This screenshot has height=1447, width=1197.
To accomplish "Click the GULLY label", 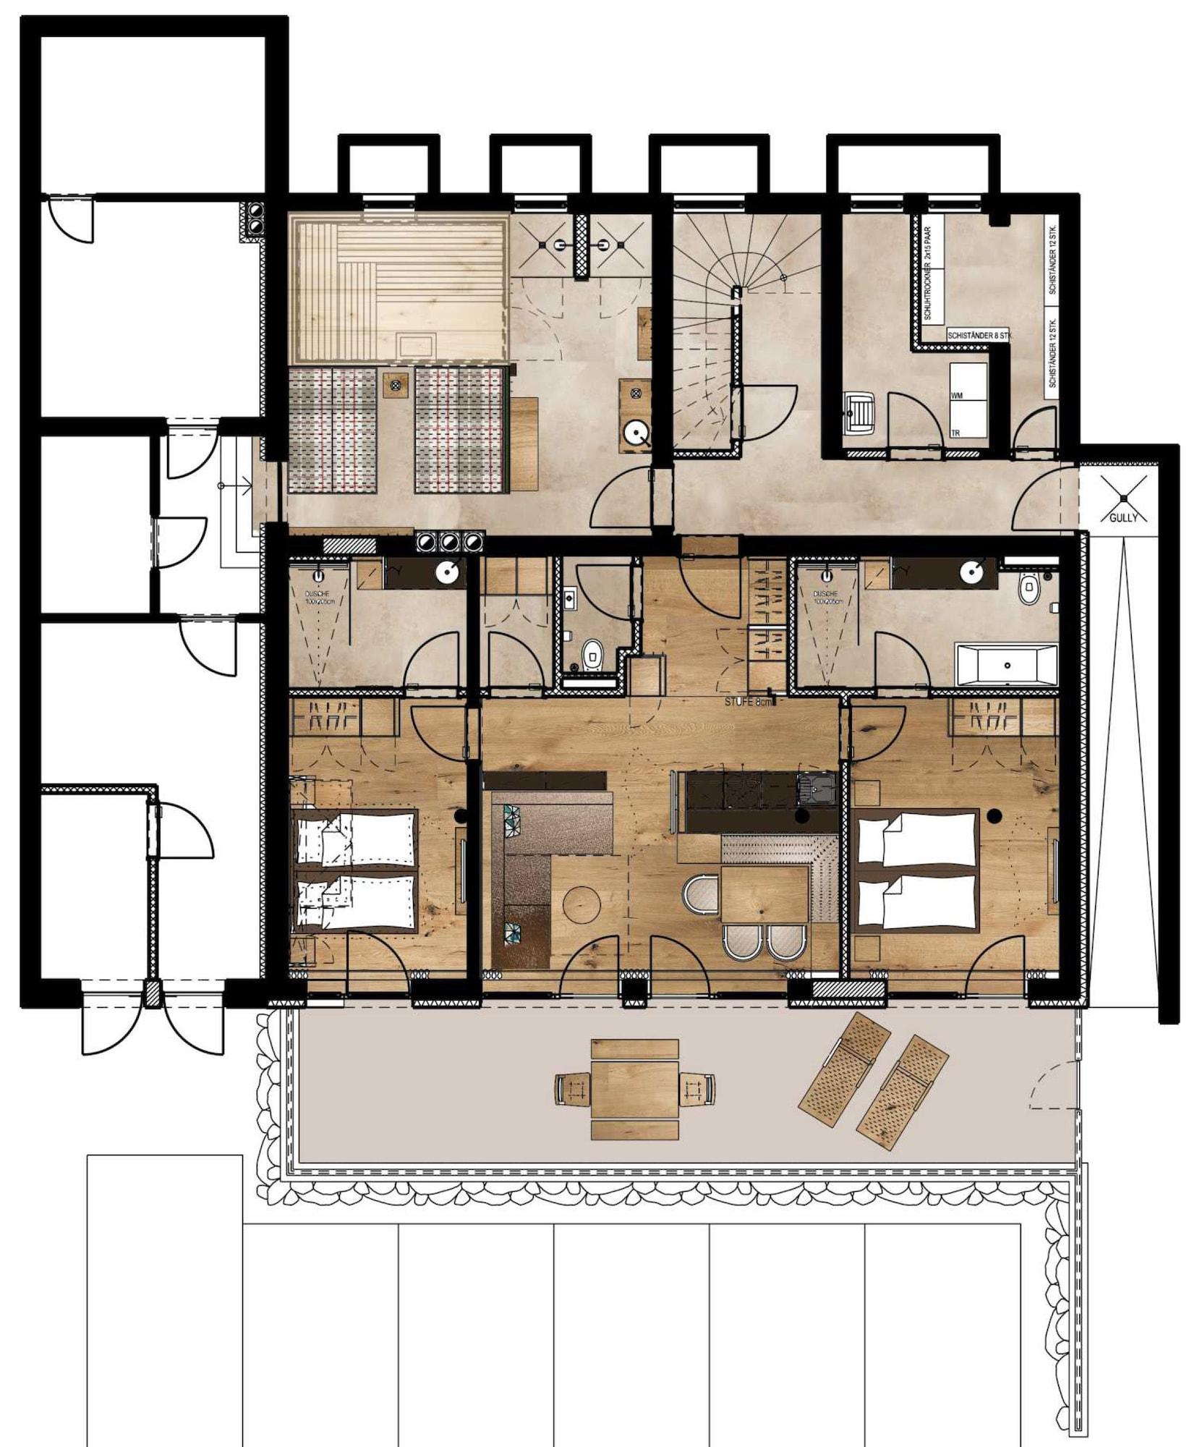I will coord(1123,517).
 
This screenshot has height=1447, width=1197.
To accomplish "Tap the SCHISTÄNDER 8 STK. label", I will coord(979,336).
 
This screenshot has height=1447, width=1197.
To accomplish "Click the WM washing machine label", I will coord(956,396).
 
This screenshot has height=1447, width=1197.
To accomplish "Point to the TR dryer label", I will coord(955,433).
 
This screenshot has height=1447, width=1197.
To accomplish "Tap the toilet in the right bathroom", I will coord(1028,590).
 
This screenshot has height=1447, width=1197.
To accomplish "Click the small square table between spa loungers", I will coord(395,384).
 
